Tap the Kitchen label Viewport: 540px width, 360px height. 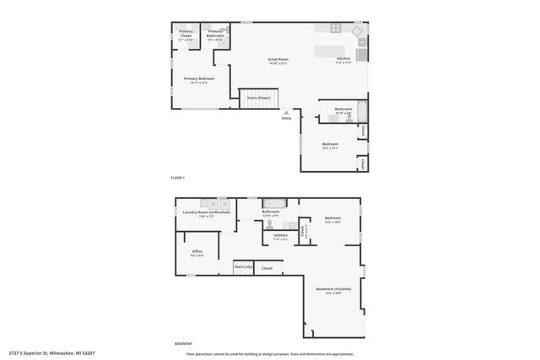(342, 59)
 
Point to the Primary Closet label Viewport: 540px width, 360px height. (186, 34)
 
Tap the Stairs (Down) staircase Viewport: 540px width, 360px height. (258, 98)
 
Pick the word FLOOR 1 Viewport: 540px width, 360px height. (177, 178)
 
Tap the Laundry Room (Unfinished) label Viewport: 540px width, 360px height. (206, 212)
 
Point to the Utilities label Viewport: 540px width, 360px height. (280, 235)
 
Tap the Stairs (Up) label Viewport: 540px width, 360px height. (244, 267)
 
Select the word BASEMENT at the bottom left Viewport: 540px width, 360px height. (182, 343)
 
